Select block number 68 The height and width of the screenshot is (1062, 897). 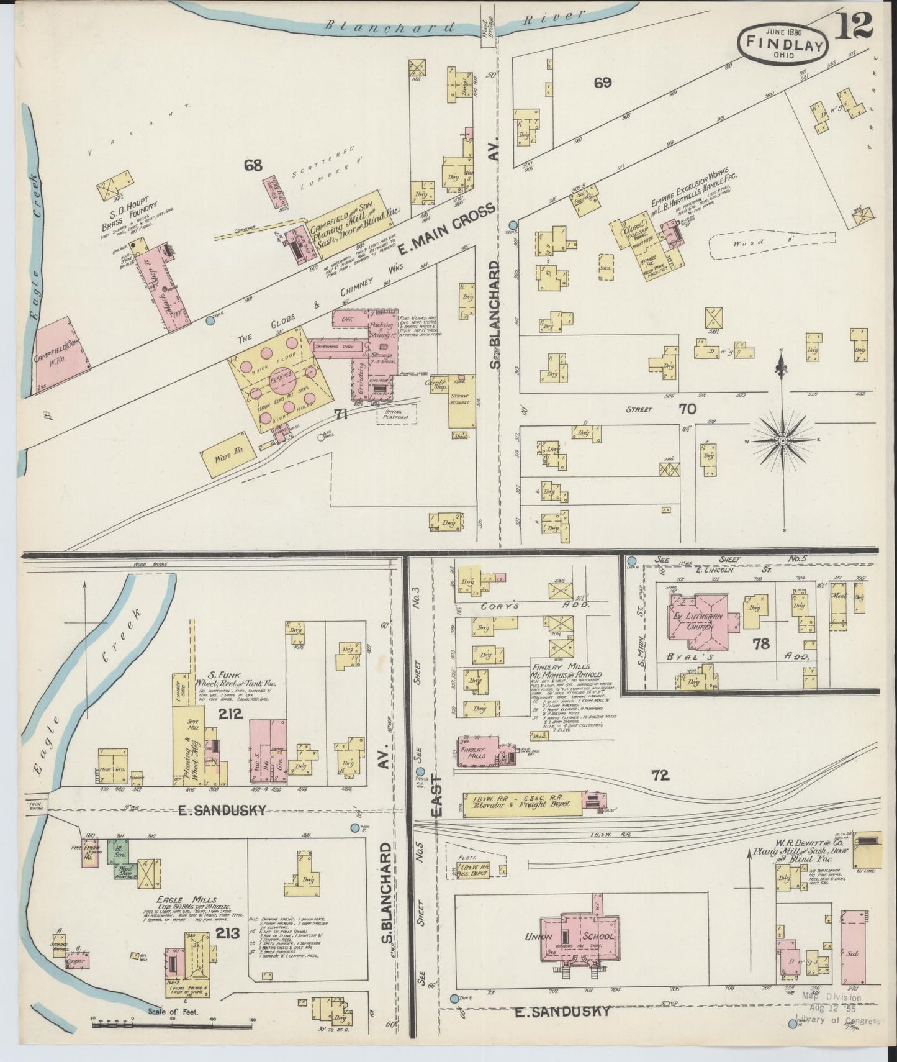253,165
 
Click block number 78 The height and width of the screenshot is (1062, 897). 760,644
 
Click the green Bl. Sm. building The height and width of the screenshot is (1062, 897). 115,850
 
